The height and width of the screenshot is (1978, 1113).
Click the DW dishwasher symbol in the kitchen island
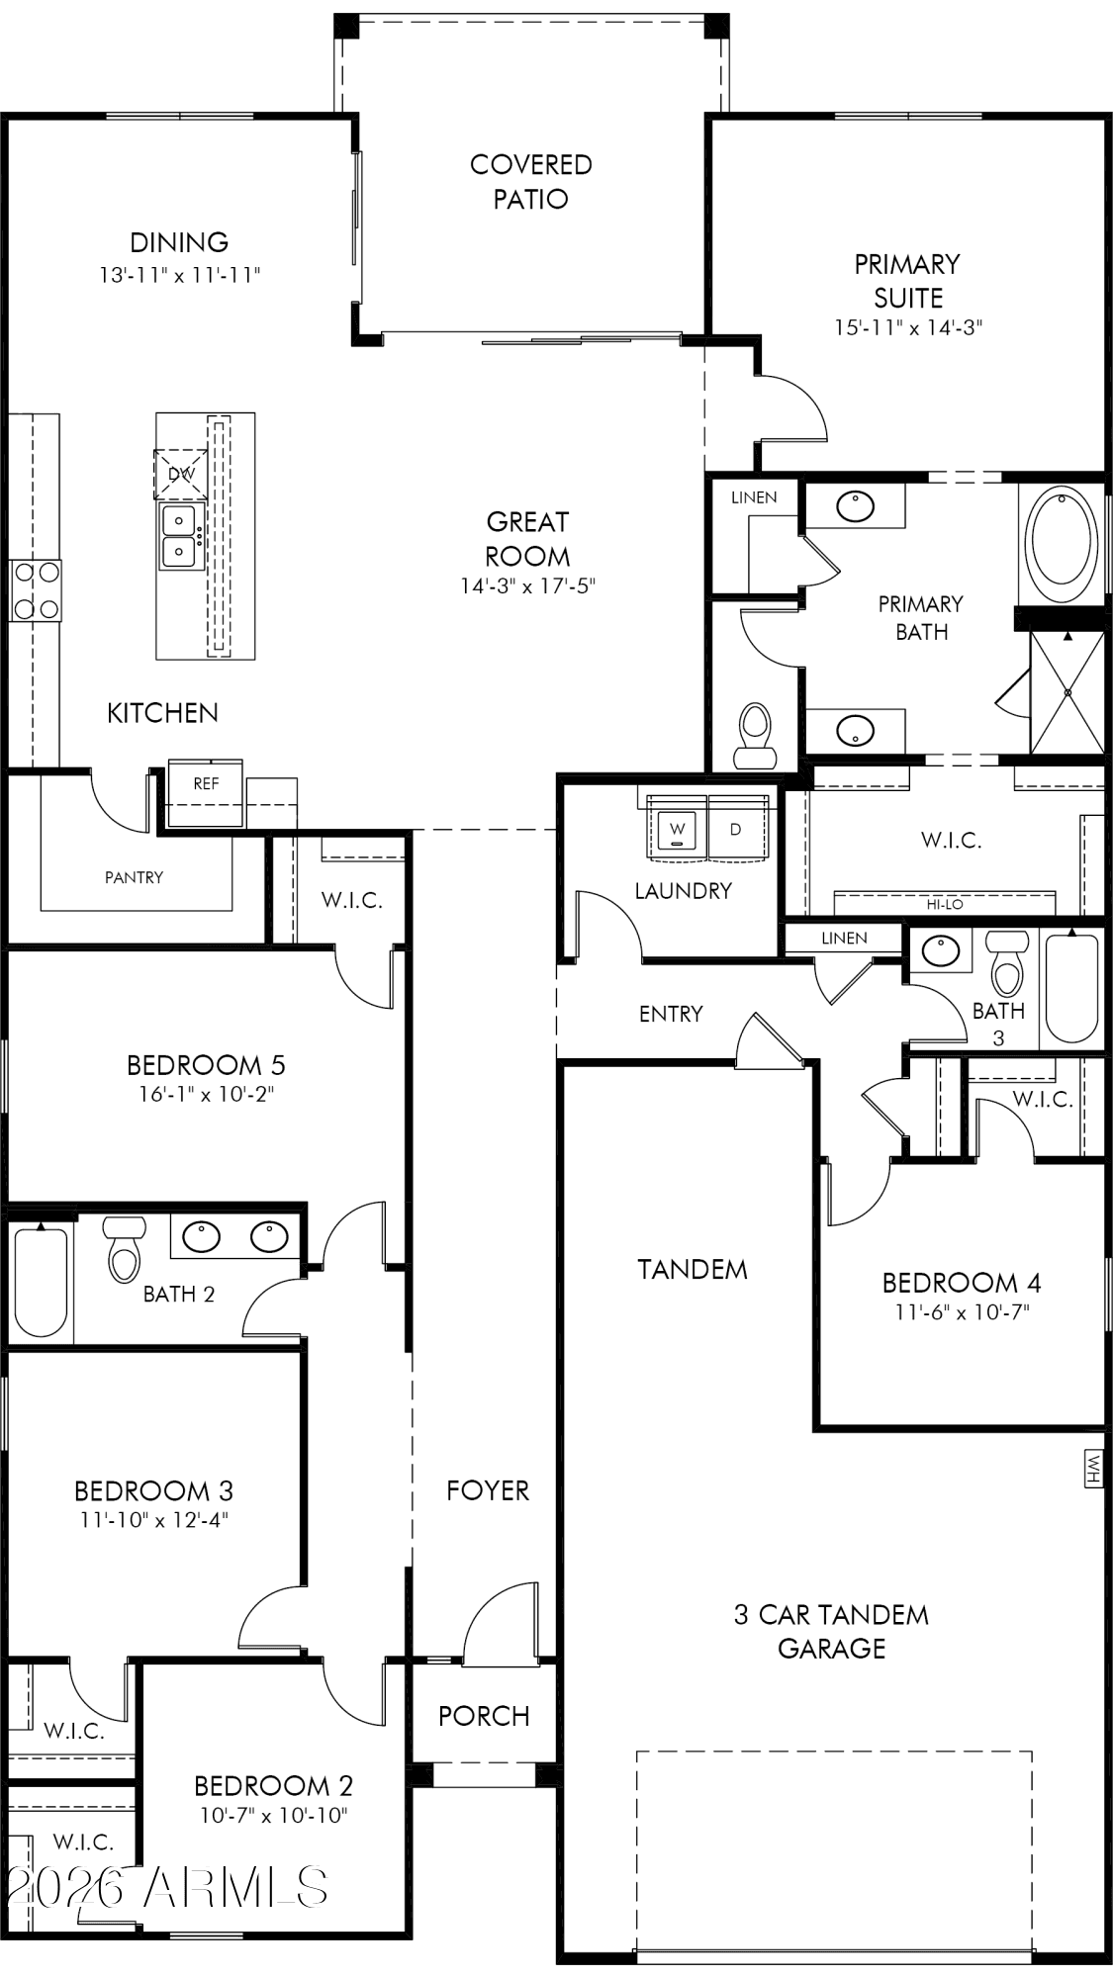click(x=181, y=474)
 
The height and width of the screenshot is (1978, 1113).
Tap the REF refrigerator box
click(x=205, y=793)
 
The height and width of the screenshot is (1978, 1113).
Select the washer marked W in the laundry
click(x=677, y=827)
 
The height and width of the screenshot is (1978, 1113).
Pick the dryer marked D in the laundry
click(x=737, y=827)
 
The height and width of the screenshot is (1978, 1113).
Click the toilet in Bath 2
click(x=125, y=1248)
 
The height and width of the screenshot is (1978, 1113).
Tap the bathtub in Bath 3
click(x=1071, y=987)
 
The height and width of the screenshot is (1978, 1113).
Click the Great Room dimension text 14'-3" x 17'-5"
click(x=527, y=586)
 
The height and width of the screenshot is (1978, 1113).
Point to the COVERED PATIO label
click(x=531, y=182)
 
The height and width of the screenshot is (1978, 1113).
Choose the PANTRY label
click(x=134, y=877)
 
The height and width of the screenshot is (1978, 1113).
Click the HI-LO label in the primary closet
click(x=945, y=904)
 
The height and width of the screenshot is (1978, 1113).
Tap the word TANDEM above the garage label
click(x=693, y=1269)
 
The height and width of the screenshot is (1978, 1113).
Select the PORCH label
click(x=484, y=1716)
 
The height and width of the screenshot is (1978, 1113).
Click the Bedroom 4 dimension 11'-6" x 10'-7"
click(x=963, y=1313)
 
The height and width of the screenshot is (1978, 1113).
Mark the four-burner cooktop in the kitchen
click(x=36, y=590)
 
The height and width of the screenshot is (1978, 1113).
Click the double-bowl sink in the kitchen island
click(x=181, y=535)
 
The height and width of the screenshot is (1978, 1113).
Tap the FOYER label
click(x=488, y=1490)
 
